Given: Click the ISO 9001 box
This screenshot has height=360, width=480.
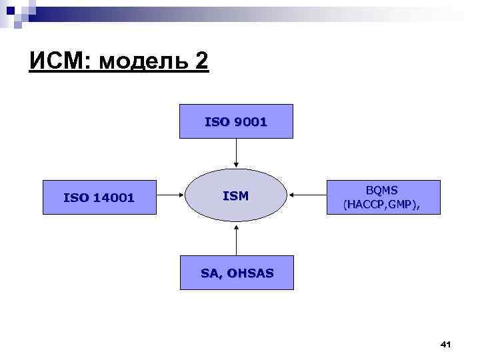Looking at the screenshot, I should coord(236,121).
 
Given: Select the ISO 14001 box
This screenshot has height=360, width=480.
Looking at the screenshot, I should coord(99,197).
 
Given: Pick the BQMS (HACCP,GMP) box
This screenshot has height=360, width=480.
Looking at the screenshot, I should coord(383,197).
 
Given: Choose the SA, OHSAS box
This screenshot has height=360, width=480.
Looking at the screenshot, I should coord(237,273).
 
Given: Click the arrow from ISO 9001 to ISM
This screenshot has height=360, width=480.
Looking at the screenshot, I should coord(236,154).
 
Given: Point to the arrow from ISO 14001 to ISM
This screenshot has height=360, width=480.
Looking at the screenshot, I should coord(170,197).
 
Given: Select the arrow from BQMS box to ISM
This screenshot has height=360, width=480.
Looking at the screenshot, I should coord(307,195).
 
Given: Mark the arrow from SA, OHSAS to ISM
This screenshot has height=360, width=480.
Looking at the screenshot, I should coord(236,240).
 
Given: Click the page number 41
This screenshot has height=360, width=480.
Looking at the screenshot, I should coord(446,344).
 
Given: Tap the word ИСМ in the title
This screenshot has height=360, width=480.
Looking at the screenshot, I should coord(60,62).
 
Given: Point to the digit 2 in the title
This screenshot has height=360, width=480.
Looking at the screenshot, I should coord(201,62).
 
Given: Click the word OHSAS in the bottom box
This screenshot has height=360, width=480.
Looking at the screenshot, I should coord(250,273).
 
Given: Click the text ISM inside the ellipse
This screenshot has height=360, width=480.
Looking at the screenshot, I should coord(235,196).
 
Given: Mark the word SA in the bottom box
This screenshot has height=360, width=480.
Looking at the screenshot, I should coord(209,273).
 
